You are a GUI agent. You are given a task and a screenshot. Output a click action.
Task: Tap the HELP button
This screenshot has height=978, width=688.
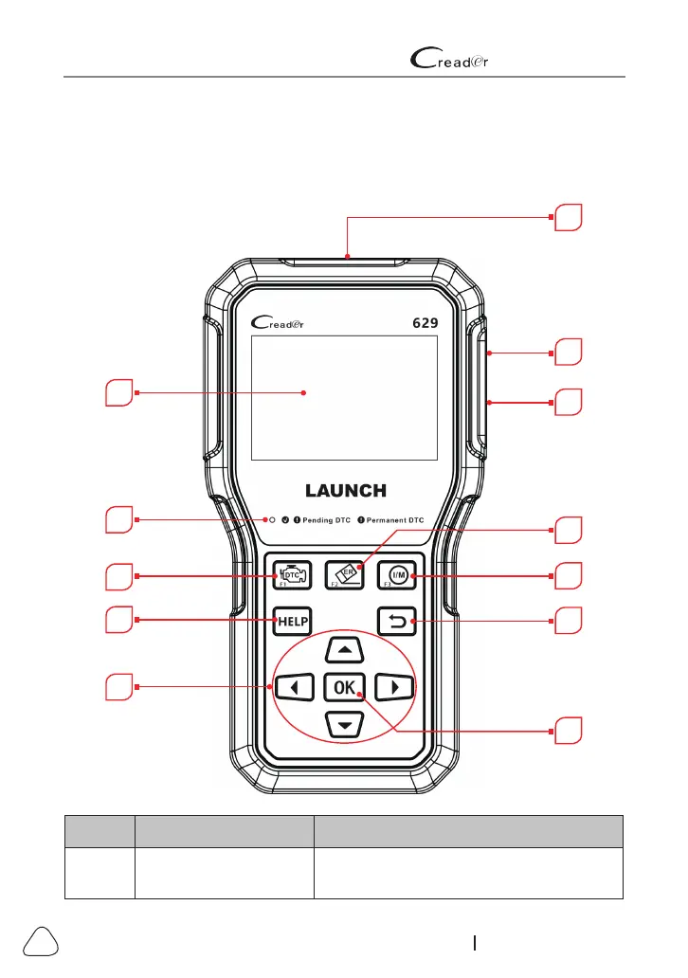pos(289,622)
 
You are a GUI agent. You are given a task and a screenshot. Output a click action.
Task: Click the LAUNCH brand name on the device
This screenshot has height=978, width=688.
pos(345,491)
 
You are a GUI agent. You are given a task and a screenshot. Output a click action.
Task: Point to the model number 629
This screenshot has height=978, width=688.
pos(425,322)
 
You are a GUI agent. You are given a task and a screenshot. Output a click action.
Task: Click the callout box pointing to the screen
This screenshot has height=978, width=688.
pos(120,392)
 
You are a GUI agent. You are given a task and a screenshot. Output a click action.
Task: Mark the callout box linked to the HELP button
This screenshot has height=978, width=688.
pos(120,621)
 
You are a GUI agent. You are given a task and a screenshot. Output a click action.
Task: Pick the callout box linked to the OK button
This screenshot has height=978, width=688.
pos(568,732)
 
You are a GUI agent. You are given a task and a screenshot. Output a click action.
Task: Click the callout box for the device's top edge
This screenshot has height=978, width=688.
pos(568,217)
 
